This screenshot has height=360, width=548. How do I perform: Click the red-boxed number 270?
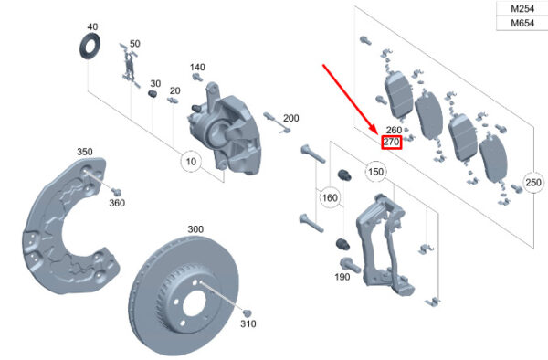pyautogui.click(x=392, y=142)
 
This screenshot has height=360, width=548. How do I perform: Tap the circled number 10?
pyautogui.click(x=191, y=162)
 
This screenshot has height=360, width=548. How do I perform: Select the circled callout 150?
pyautogui.click(x=375, y=172)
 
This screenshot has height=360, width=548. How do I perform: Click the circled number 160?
pyautogui.click(x=330, y=198)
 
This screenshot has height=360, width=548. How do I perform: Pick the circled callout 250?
pyautogui.click(x=533, y=182)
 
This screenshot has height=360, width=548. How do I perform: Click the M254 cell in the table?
pyautogui.click(x=522, y=9)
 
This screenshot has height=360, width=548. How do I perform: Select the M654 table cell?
pyautogui.click(x=522, y=24)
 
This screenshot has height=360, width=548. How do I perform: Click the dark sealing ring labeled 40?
pyautogui.click(x=90, y=47)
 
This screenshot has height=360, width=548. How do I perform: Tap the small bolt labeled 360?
pyautogui.click(x=116, y=192)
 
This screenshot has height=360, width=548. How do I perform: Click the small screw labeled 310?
pyautogui.click(x=248, y=313)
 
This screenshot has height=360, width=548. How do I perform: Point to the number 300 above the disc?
pyautogui.click(x=195, y=229)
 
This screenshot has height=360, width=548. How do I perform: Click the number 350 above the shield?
pyautogui.click(x=85, y=152)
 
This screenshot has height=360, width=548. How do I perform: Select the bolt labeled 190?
pyautogui.click(x=350, y=266)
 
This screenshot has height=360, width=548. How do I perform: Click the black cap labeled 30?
pyautogui.click(x=153, y=94)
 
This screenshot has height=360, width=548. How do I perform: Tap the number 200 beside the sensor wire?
pyautogui.click(x=290, y=118)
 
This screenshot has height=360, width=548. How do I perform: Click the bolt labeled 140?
pyautogui.click(x=197, y=77)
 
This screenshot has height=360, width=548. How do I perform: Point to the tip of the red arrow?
pyautogui.click(x=377, y=135)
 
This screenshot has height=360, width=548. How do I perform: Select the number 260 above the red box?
pyautogui.click(x=394, y=130)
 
